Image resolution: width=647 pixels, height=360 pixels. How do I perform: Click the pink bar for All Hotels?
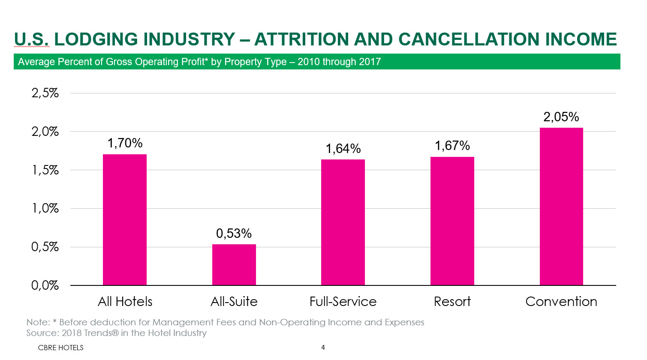(x=125, y=219)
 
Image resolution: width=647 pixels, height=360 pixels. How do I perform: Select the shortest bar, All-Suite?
(x=234, y=264)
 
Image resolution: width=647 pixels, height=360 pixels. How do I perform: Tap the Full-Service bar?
(x=343, y=222)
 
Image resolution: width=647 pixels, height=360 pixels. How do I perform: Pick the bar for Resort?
(x=452, y=221)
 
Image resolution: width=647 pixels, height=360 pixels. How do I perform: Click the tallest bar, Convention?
(x=561, y=206)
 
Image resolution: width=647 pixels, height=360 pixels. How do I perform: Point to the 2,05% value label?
(x=561, y=117)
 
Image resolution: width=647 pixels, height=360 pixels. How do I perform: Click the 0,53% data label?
(x=234, y=234)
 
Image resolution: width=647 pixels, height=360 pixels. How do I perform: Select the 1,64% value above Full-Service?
(x=343, y=149)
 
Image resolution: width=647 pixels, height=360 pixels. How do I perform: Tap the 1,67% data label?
(x=452, y=146)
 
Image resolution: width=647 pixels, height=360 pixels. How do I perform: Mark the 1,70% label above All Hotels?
(x=125, y=143)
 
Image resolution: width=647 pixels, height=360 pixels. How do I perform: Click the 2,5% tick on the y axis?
(x=45, y=93)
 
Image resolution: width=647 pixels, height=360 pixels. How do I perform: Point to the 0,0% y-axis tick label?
(x=45, y=285)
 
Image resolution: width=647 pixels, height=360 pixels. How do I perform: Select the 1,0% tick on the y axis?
(x=45, y=209)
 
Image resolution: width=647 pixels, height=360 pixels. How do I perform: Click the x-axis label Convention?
(x=561, y=302)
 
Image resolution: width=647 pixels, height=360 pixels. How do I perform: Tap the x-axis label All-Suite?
(x=234, y=302)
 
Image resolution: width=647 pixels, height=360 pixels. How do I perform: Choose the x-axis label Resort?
(x=452, y=302)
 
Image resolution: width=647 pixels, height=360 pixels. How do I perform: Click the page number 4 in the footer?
(x=323, y=348)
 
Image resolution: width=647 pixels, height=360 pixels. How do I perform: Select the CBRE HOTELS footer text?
(x=60, y=348)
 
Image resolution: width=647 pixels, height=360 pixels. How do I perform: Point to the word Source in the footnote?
(x=42, y=333)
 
